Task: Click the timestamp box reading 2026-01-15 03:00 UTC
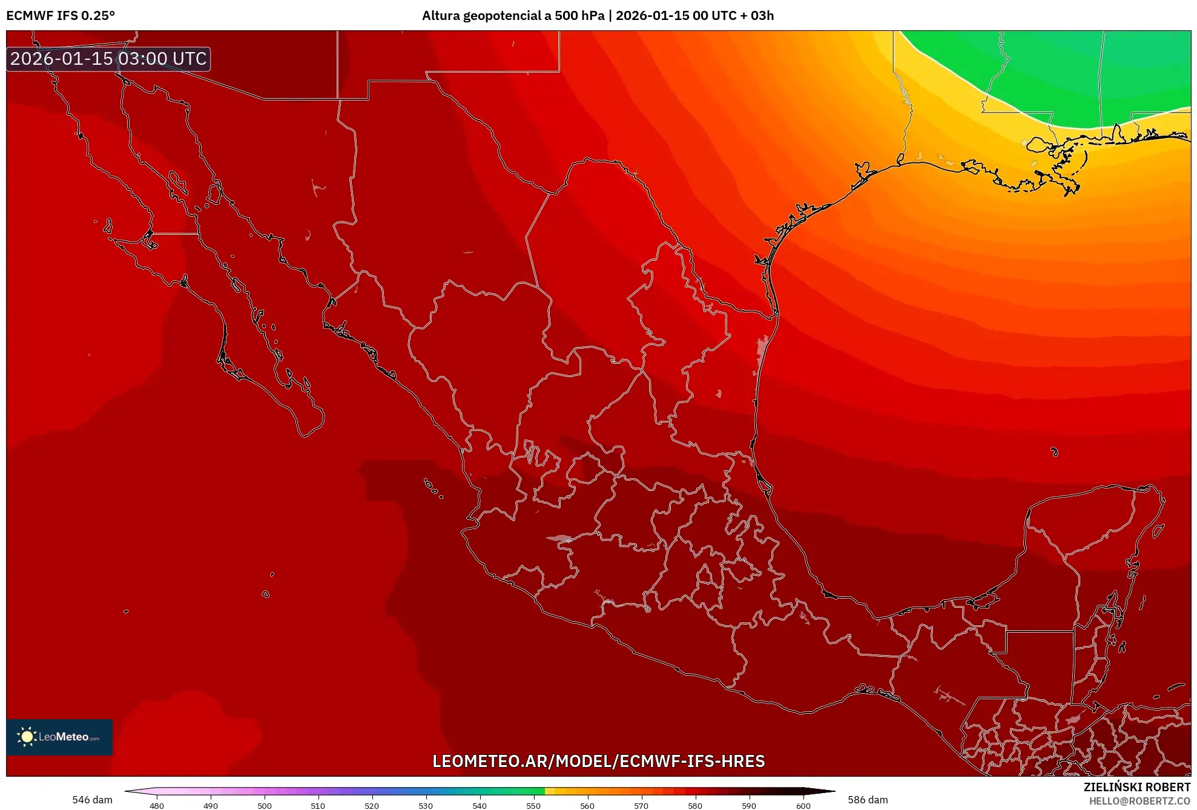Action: pyautogui.click(x=108, y=59)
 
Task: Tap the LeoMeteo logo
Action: pyautogui.click(x=59, y=737)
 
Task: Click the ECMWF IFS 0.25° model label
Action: pyautogui.click(x=61, y=16)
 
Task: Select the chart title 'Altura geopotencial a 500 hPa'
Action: pyautogui.click(x=513, y=16)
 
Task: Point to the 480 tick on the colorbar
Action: pyautogui.click(x=157, y=805)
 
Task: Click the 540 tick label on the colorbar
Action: pyautogui.click(x=480, y=805)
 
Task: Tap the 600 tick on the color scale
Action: pyautogui.click(x=803, y=805)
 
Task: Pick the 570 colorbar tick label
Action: pyautogui.click(x=641, y=805)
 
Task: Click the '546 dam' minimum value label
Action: pyautogui.click(x=92, y=800)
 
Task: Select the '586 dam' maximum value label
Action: pyautogui.click(x=868, y=800)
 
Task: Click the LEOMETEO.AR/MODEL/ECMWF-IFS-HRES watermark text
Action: pyautogui.click(x=598, y=761)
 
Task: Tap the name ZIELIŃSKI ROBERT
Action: pyautogui.click(x=1136, y=787)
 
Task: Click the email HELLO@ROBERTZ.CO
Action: pyautogui.click(x=1139, y=801)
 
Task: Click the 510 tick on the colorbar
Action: pyautogui.click(x=318, y=805)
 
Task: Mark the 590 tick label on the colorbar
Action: pyautogui.click(x=749, y=805)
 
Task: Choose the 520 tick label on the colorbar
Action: pyautogui.click(x=372, y=805)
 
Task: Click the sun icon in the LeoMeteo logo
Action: pyautogui.click(x=27, y=736)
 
